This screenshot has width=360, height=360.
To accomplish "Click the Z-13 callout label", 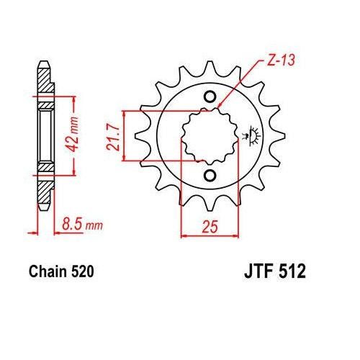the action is [x=280, y=60].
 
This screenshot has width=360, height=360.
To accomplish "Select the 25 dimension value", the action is [x=210, y=226].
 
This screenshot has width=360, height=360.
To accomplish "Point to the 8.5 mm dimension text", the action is [x=82, y=225].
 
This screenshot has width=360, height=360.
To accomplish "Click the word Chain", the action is [x=48, y=271].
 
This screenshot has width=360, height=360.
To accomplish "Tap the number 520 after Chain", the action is [x=82, y=271].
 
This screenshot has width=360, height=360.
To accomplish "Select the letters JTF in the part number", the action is [x=258, y=271].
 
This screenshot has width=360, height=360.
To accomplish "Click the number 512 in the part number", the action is [x=292, y=271].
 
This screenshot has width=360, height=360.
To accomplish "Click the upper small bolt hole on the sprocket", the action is [x=210, y=97].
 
